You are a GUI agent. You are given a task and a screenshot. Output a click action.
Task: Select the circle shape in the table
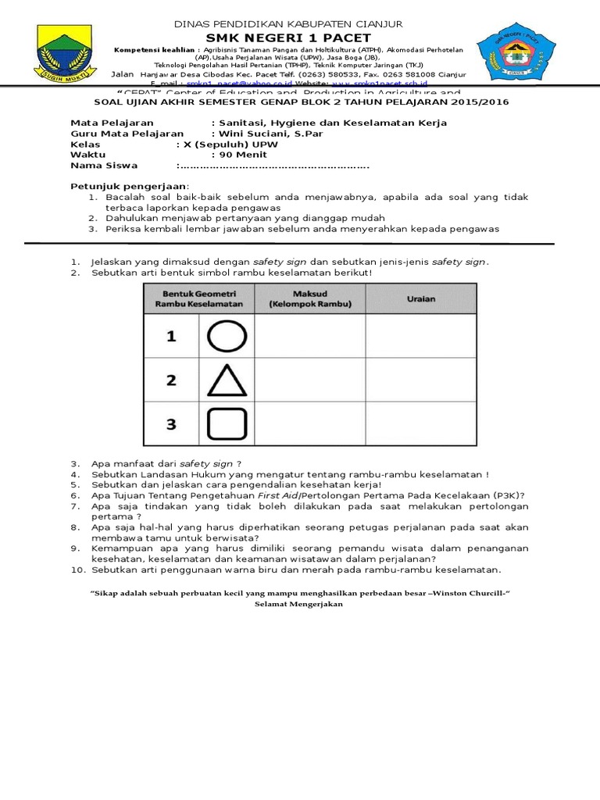point(227,336)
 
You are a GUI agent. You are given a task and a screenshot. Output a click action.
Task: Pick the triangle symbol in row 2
point(227,380)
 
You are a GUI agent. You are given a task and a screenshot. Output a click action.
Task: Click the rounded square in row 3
point(227,424)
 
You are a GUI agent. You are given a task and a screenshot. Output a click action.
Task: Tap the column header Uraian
point(421,298)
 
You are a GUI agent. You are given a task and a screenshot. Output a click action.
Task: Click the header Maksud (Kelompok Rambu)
point(309,298)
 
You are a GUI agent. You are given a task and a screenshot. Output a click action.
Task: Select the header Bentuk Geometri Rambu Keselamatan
point(198,298)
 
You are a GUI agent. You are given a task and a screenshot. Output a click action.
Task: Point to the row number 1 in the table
point(171,336)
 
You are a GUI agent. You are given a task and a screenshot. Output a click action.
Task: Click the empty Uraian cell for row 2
point(421,380)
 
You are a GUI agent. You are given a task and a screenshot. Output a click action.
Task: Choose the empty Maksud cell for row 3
point(309,424)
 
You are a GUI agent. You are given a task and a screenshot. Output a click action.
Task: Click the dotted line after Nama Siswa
point(273,166)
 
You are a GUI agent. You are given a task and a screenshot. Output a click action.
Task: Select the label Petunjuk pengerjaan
point(130,186)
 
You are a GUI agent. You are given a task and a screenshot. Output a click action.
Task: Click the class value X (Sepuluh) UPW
point(227,145)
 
